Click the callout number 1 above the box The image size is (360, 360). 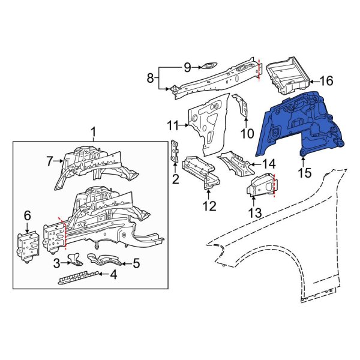[x=93, y=131]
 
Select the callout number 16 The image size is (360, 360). [x=326, y=81]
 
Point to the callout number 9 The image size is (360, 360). [x=187, y=67]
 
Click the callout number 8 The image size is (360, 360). [x=151, y=77]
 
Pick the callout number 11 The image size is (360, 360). [x=173, y=125]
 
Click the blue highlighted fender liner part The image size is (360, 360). [x=300, y=126]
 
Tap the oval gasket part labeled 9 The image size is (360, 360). [x=208, y=67]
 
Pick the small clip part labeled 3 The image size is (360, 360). [x=74, y=259]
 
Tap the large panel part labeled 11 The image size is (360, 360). [x=210, y=120]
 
